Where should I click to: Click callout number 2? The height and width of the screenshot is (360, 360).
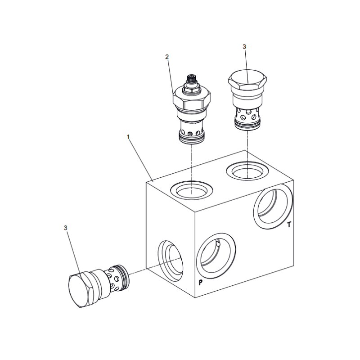(167, 57)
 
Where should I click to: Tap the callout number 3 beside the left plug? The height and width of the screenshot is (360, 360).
(66, 228)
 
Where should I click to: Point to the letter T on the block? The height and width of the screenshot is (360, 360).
(289, 224)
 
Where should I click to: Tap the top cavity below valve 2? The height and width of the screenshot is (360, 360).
(192, 190)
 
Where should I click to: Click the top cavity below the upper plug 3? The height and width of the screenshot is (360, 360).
(248, 171)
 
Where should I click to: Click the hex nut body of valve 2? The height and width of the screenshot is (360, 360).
(192, 100)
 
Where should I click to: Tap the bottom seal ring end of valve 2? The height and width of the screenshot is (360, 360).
(192, 139)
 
